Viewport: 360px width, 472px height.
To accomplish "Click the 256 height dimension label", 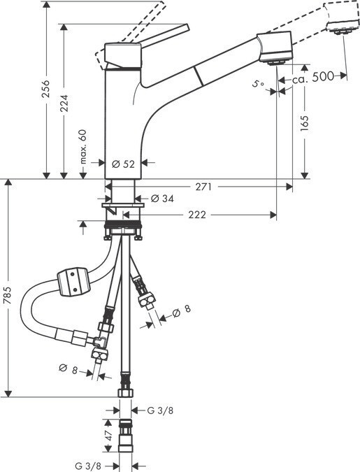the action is point(46,89).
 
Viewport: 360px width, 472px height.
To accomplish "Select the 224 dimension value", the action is point(64,103).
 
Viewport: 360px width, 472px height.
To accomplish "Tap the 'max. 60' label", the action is point(82,147).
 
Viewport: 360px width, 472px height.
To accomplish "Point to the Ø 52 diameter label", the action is point(123,164).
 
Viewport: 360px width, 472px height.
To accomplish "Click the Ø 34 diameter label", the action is point(162,199).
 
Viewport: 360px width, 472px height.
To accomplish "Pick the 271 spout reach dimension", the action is point(204,187).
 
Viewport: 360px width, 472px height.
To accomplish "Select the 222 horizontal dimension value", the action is point(197,215).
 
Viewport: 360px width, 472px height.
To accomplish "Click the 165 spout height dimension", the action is point(305,123).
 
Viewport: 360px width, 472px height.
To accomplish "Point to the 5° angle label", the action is point(258,84).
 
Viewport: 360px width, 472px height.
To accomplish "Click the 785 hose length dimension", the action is point(8,295).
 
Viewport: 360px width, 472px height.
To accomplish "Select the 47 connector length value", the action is point(108,435).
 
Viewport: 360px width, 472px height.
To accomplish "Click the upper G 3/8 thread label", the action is point(160,410).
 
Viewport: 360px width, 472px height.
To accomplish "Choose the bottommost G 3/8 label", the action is point(88,466).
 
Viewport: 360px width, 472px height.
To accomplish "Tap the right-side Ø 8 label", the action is point(182,311).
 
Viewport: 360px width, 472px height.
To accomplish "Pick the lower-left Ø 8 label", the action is point(69,369).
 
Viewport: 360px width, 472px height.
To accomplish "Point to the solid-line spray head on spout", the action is point(275,48).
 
